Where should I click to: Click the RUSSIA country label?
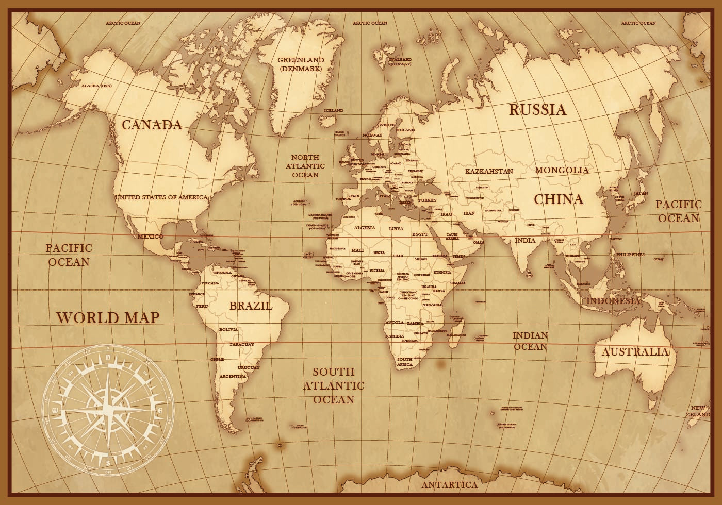537,109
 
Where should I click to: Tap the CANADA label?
152,125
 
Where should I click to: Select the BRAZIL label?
251,306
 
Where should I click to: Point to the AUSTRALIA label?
635,352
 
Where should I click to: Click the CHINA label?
558,199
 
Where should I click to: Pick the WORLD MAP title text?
108,317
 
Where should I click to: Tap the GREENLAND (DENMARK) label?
301,64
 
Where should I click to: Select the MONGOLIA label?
562,170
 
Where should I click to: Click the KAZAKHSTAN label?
489,171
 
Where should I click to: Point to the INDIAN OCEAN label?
530,341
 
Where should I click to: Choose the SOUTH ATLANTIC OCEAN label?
334,385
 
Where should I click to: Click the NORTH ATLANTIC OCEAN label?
305,165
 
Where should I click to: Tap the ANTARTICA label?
449,485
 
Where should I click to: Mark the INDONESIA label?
613,301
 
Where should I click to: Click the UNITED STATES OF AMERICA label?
161,197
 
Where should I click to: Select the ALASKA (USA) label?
96,86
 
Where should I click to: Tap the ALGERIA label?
365,228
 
